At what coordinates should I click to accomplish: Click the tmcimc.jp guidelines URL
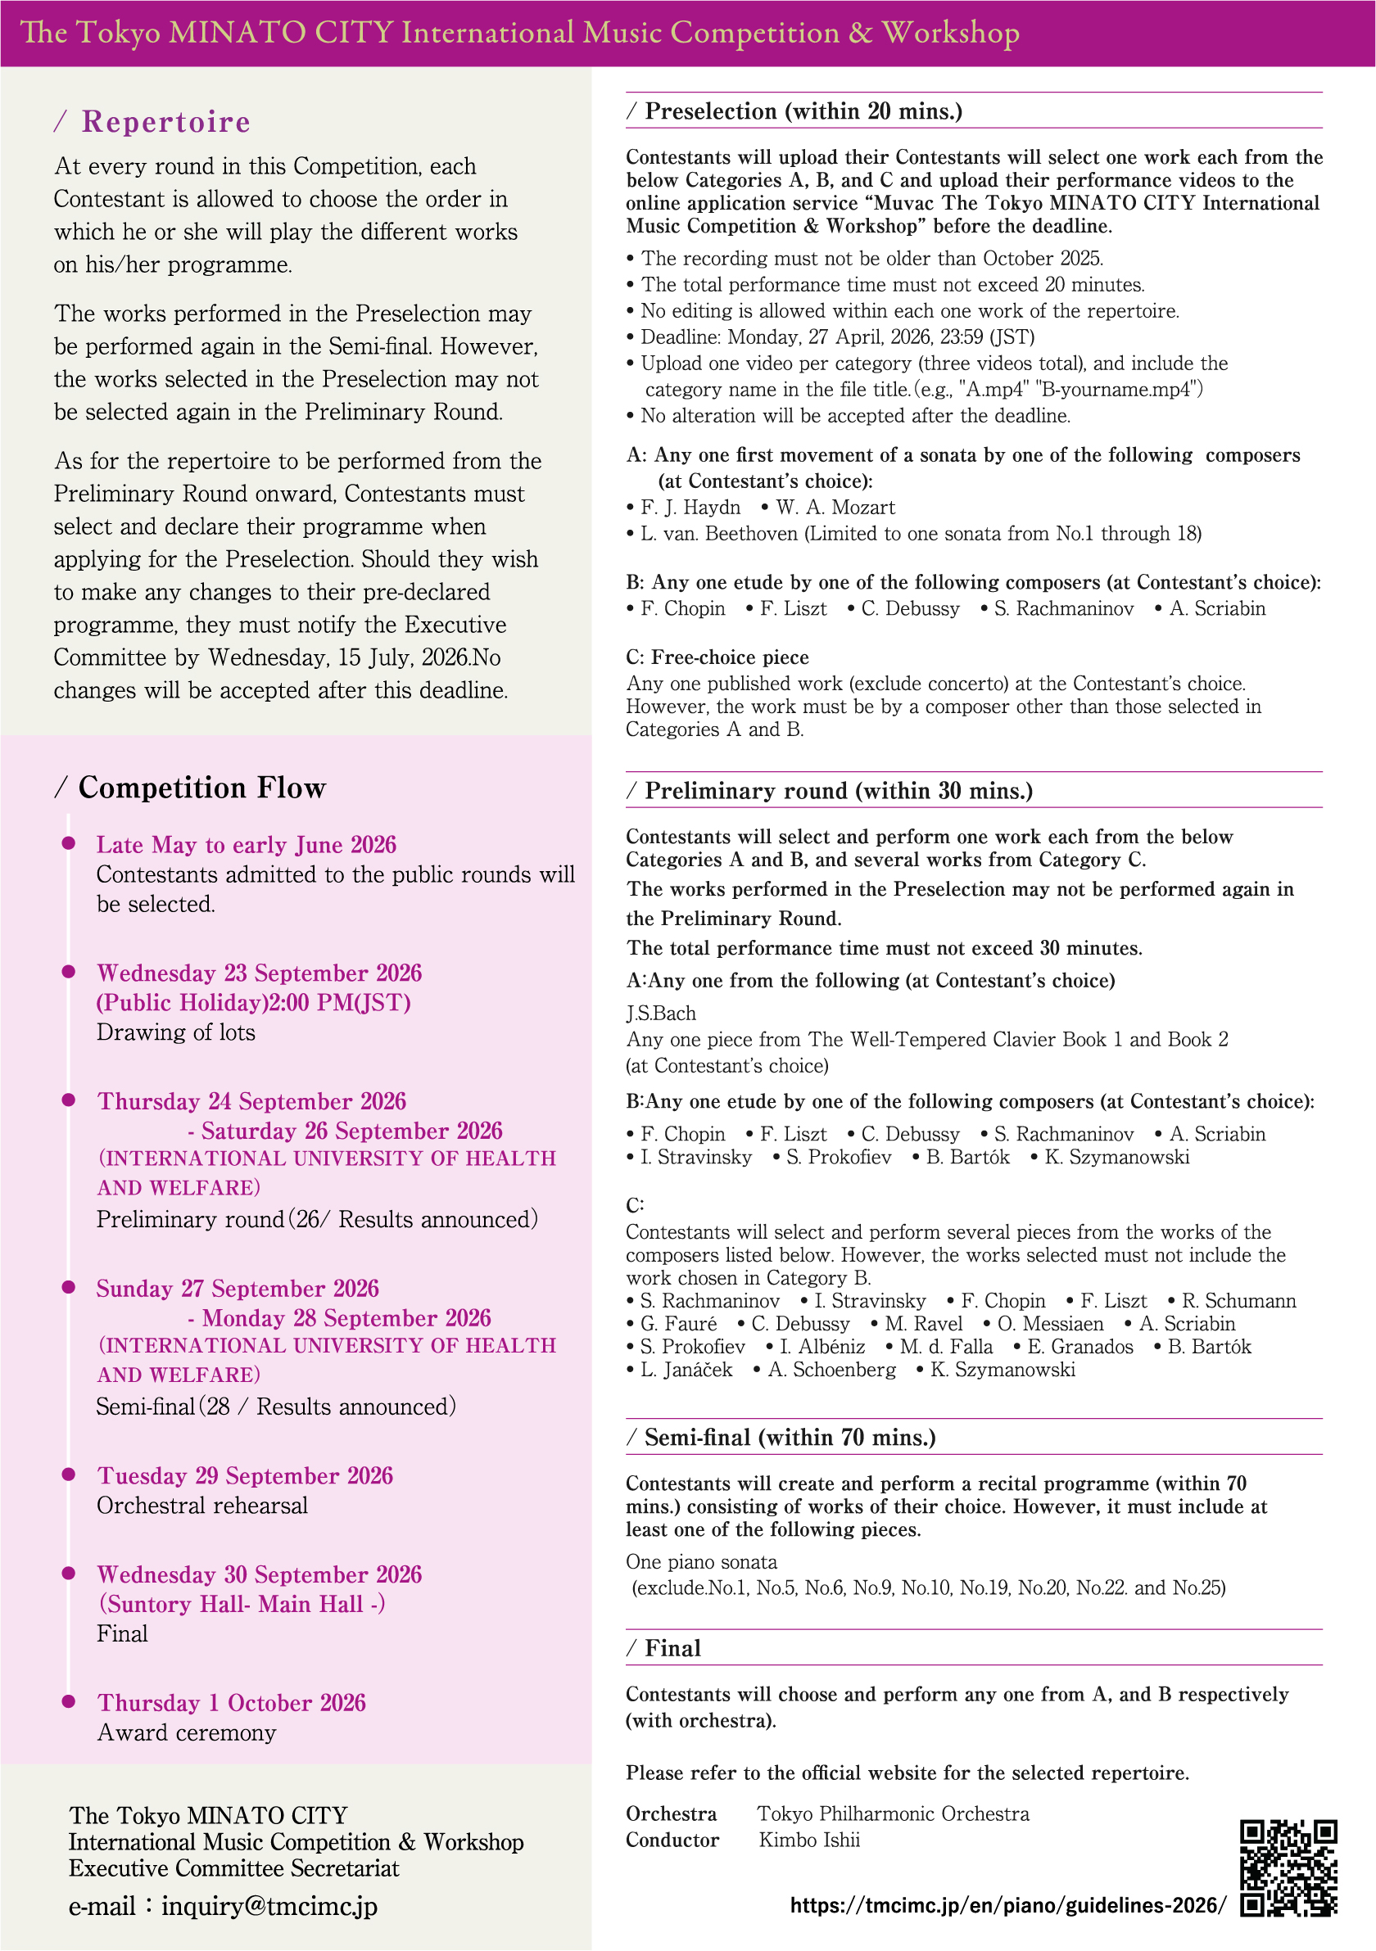coord(1008,1906)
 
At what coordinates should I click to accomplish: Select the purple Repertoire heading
coord(165,122)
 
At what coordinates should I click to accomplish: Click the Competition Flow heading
coord(201,788)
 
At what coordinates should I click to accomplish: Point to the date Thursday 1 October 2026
coord(231,1703)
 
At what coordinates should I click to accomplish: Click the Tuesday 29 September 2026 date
coord(245,1476)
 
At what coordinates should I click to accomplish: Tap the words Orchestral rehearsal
coord(202,1506)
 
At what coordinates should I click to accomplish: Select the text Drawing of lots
coord(176,1032)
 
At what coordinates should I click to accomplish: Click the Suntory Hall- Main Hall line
coord(242,1605)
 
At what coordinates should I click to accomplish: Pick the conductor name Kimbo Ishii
coord(809,1840)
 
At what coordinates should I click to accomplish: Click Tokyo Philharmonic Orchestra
coord(894,1814)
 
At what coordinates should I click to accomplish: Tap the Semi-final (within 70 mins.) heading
coord(790,1438)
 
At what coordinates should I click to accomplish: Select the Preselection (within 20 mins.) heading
coord(803,111)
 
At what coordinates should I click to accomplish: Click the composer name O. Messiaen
coord(1050,1324)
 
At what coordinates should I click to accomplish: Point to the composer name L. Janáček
coord(685,1370)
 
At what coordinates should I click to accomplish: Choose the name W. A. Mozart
coord(834,508)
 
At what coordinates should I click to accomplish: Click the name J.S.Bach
coord(661,1014)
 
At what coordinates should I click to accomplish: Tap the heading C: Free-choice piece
coord(717,657)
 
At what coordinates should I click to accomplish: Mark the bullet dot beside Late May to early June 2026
coord(69,843)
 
